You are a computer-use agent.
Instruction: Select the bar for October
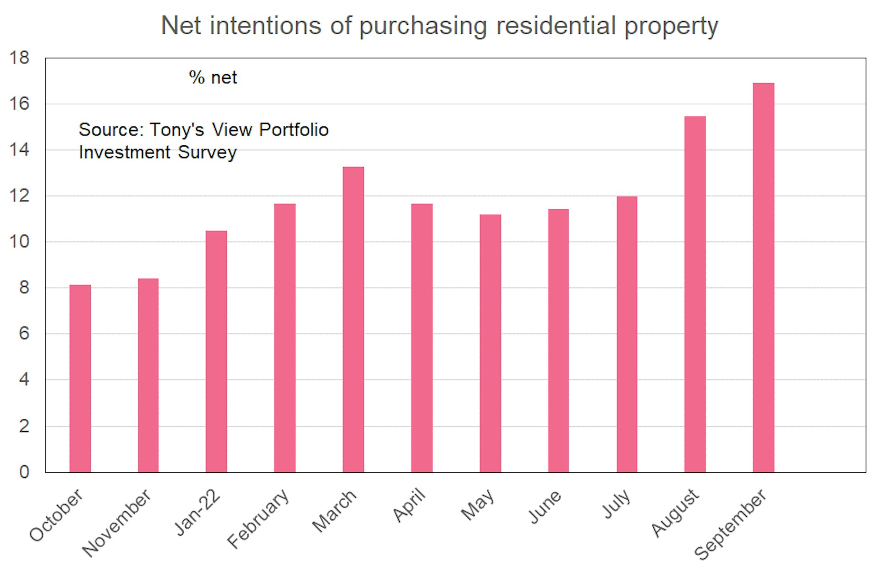click(80, 378)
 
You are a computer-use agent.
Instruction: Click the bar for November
click(148, 375)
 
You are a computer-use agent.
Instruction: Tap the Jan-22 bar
click(216, 351)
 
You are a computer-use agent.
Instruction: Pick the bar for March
click(353, 319)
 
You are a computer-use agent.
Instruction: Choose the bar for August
click(695, 294)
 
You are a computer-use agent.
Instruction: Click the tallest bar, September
click(764, 278)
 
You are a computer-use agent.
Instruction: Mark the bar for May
click(490, 343)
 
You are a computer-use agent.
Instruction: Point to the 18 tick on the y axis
click(19, 58)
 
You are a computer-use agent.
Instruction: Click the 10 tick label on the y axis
click(19, 242)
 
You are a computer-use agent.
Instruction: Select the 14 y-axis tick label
click(19, 150)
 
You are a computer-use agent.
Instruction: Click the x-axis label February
click(258, 518)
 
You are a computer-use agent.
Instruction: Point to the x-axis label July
click(616, 504)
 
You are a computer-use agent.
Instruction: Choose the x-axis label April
click(409, 505)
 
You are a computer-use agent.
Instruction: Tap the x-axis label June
click(545, 507)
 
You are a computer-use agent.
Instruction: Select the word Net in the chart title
click(181, 26)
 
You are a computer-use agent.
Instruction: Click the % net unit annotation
click(213, 78)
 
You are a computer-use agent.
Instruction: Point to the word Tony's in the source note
click(176, 130)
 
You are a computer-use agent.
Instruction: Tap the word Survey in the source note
click(207, 153)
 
